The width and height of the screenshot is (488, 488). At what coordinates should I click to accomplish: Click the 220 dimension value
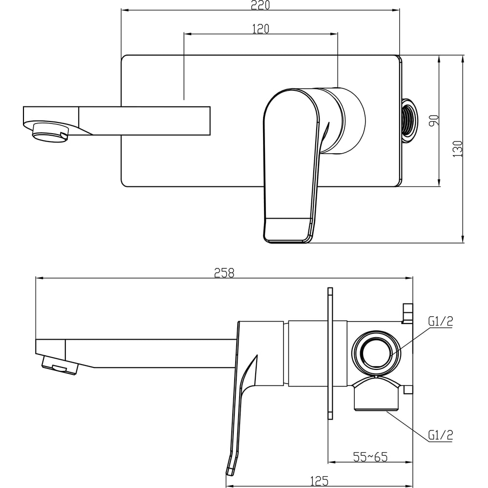pos(260,5)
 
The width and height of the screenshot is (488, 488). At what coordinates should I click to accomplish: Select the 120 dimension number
pos(261,29)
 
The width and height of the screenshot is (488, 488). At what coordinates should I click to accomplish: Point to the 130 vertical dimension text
pos(458,149)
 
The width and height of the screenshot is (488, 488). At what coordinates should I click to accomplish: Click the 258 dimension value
pos(224,273)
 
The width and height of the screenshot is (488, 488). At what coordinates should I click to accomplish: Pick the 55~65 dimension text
pos(370,457)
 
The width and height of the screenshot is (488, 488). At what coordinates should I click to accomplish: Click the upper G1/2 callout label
pos(440,321)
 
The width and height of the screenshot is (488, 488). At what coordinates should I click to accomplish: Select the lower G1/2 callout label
pos(440,435)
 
